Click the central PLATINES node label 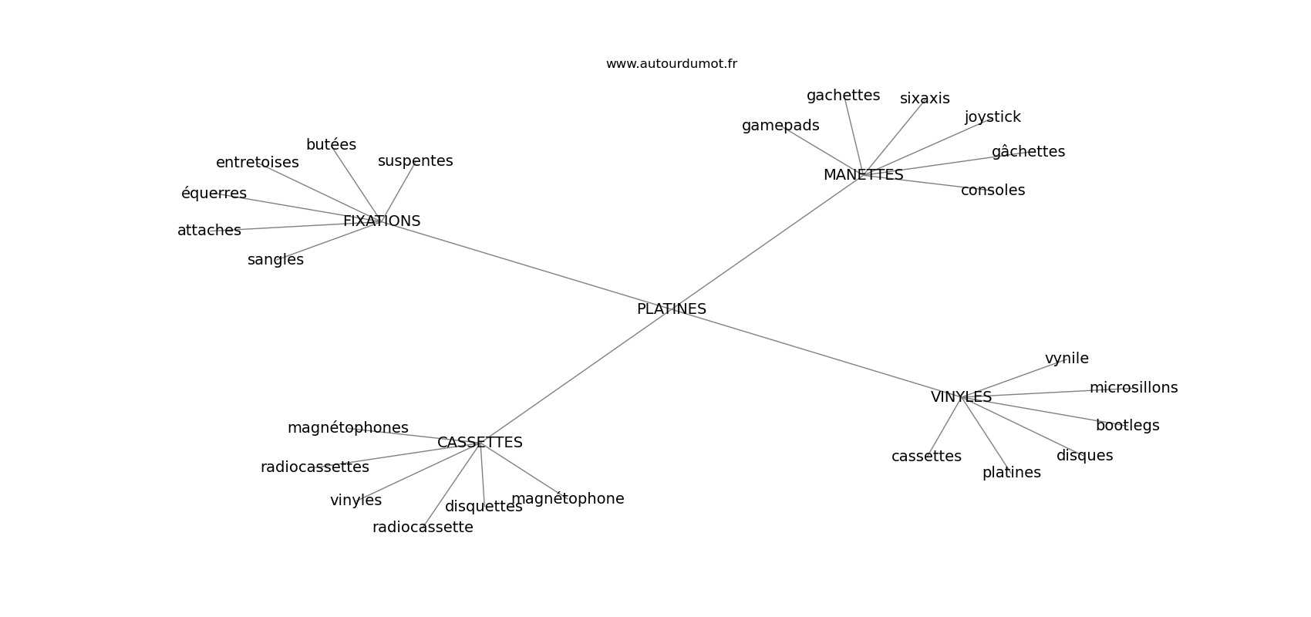(671, 309)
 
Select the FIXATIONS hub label (382, 221)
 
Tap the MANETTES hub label (863, 175)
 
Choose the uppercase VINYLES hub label (961, 397)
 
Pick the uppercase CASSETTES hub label (480, 443)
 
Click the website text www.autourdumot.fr (671, 64)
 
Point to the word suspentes (415, 161)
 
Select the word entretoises (257, 163)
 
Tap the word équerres (214, 194)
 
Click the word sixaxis (925, 99)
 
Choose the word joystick (993, 117)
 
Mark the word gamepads (780, 126)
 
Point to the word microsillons (1134, 388)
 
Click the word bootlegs (1127, 426)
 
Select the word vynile (1067, 359)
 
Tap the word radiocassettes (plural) (315, 467)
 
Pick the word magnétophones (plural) (348, 428)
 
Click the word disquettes (484, 507)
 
